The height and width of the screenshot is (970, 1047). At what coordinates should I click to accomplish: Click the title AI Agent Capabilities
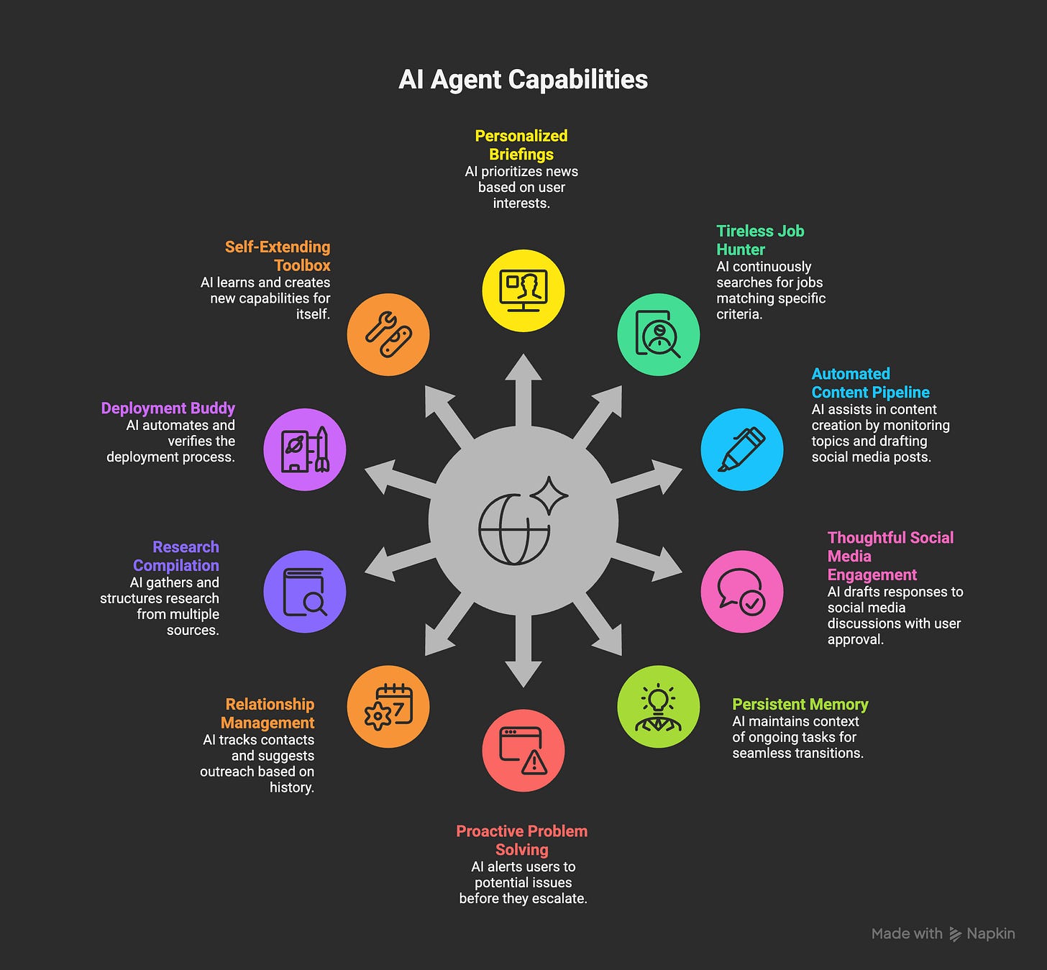523,80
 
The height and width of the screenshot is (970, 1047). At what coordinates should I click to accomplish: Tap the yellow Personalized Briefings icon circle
523,290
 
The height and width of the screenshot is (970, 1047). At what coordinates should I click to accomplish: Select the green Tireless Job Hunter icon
658,334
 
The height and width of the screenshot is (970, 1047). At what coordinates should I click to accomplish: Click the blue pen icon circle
741,449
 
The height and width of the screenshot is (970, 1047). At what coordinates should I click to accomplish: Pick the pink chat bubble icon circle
741,592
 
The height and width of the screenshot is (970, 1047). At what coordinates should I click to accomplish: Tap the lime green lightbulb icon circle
658,707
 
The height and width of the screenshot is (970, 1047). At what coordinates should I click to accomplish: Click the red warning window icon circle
523,750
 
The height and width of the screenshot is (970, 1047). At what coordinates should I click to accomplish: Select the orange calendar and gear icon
388,707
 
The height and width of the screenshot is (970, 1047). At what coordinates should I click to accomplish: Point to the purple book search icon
305,592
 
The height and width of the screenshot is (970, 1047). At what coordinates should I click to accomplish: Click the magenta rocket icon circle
305,449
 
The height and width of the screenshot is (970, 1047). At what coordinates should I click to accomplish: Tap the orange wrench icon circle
388,334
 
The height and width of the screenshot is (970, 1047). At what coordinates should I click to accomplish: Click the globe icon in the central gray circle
515,529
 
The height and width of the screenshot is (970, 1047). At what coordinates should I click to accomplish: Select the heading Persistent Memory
800,704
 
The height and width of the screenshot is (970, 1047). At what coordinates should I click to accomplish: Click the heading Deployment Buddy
168,408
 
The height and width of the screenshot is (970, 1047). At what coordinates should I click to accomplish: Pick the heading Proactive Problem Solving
522,841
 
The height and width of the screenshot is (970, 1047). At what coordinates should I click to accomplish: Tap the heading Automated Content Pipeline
870,383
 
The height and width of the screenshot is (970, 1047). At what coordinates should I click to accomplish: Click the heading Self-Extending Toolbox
278,256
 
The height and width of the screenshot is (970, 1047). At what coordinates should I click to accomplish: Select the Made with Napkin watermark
943,933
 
